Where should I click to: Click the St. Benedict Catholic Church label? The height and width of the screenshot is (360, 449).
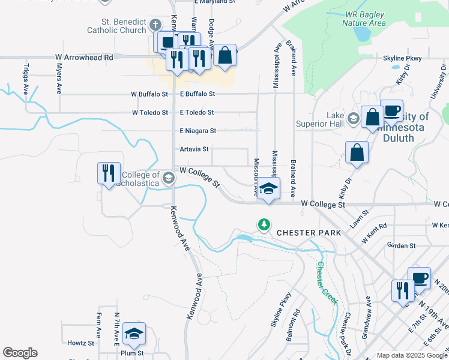(116, 26)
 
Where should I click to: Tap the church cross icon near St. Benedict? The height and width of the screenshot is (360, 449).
(155, 25)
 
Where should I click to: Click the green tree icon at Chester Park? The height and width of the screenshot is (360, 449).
(264, 224)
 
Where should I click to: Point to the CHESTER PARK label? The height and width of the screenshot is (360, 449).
(309, 232)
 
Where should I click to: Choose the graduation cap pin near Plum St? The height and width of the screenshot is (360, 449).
(134, 334)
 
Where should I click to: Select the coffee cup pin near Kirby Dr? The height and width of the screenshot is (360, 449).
(391, 111)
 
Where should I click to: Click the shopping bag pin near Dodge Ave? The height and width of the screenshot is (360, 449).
(224, 56)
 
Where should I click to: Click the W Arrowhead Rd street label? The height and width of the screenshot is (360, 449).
(84, 58)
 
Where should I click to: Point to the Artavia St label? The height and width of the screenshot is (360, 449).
(194, 149)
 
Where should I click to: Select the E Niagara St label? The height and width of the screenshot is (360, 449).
(197, 130)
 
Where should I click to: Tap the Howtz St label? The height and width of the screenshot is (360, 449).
(81, 343)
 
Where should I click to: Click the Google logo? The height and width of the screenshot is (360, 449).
(20, 353)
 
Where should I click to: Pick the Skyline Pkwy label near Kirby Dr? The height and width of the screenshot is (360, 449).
(402, 59)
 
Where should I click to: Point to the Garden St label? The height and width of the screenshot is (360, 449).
(402, 245)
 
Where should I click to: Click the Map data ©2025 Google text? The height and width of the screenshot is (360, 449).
(411, 355)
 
